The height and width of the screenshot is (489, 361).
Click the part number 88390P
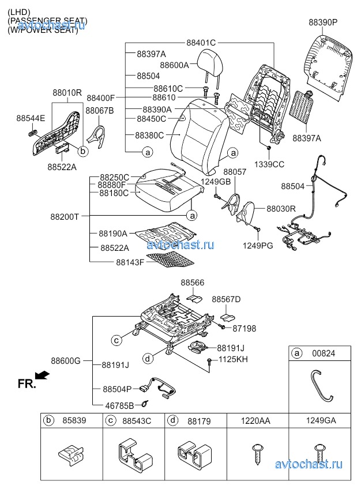click(x=322, y=22)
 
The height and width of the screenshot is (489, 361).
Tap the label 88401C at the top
click(x=201, y=43)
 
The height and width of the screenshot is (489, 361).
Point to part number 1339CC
click(x=270, y=164)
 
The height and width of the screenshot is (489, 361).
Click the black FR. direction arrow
click(x=43, y=376)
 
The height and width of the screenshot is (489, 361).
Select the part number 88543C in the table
click(x=137, y=422)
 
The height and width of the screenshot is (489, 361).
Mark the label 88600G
click(x=66, y=361)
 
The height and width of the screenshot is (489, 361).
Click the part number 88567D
click(x=226, y=299)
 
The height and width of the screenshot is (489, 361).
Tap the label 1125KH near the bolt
click(x=232, y=360)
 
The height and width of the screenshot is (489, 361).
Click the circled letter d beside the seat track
click(x=147, y=359)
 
